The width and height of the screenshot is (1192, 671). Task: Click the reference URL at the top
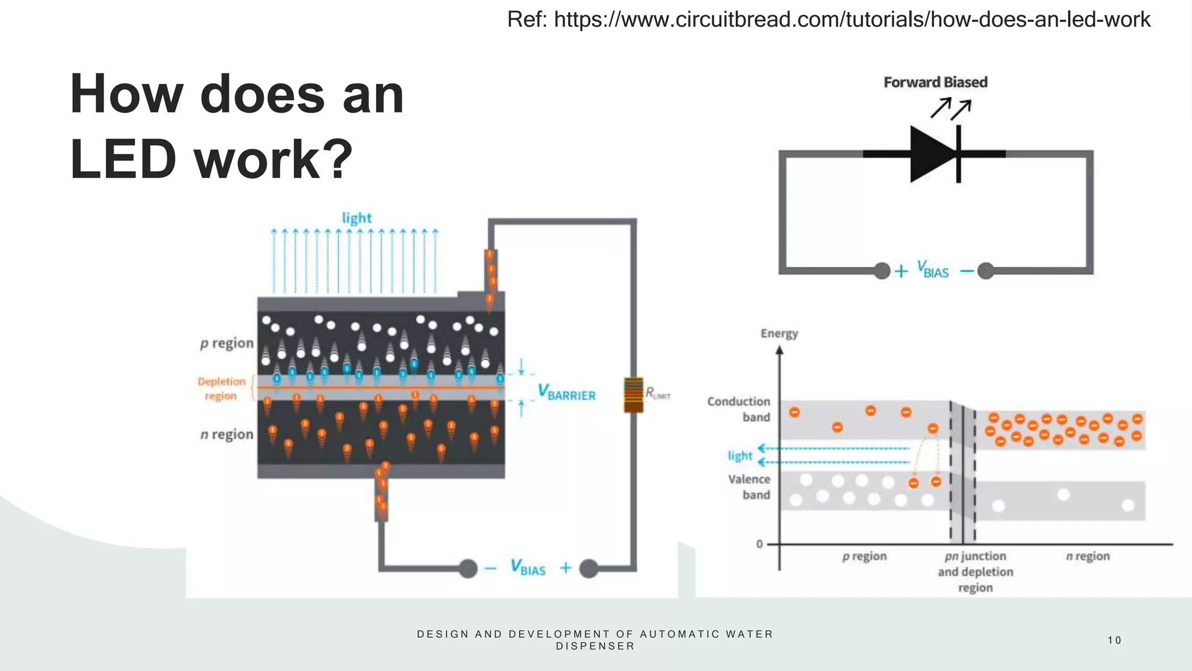(x=828, y=20)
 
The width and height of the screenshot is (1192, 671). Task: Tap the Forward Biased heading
(x=935, y=82)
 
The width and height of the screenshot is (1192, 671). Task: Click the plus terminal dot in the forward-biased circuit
(x=882, y=271)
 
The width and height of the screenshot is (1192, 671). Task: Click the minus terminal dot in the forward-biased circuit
(x=985, y=271)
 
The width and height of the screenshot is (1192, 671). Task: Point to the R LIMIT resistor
(x=633, y=395)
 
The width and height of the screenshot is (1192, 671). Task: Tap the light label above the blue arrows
(x=356, y=218)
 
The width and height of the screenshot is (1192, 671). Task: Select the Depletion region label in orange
(x=221, y=389)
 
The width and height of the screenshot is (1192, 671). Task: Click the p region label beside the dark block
(x=227, y=343)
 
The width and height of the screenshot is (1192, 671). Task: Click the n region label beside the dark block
(x=227, y=435)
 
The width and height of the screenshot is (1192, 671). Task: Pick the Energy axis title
(x=779, y=333)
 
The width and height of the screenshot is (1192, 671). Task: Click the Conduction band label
(x=739, y=409)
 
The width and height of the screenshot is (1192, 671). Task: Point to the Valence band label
(x=749, y=487)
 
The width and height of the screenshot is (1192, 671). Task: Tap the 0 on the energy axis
(x=759, y=544)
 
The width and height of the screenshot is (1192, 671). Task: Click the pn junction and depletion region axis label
(x=975, y=571)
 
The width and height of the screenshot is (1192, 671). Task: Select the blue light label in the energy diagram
(x=739, y=455)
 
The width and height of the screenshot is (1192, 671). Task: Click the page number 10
(x=1114, y=640)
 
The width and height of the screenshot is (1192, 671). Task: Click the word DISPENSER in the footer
(x=595, y=646)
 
